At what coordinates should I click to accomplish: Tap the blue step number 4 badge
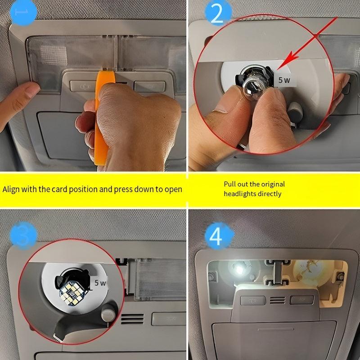[x=216, y=236]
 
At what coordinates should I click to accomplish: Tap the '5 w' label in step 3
[x=99, y=283]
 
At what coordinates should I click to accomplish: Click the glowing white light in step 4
[x=237, y=272]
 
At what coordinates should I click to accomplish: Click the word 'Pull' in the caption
[x=229, y=184]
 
